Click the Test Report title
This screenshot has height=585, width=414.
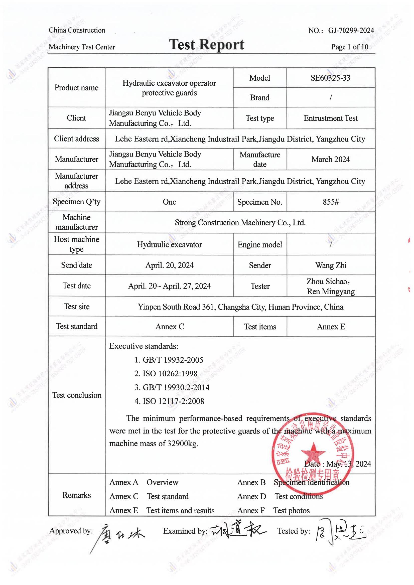click(206, 45)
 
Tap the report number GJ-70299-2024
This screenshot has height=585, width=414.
click(351, 31)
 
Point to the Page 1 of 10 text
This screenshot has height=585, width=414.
click(349, 47)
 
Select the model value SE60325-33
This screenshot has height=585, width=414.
click(330, 78)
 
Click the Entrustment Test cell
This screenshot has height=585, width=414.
click(330, 118)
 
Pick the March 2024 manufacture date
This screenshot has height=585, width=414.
click(330, 159)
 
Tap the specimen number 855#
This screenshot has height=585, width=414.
click(331, 202)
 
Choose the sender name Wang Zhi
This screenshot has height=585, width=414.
click(331, 265)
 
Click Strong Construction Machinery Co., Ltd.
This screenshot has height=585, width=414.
click(240, 223)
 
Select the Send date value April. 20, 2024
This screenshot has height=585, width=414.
click(169, 265)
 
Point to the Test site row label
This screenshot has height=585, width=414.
click(76, 306)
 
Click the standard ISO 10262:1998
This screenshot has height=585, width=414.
click(170, 374)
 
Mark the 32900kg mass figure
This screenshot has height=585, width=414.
click(182, 444)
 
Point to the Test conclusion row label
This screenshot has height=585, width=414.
click(77, 395)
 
